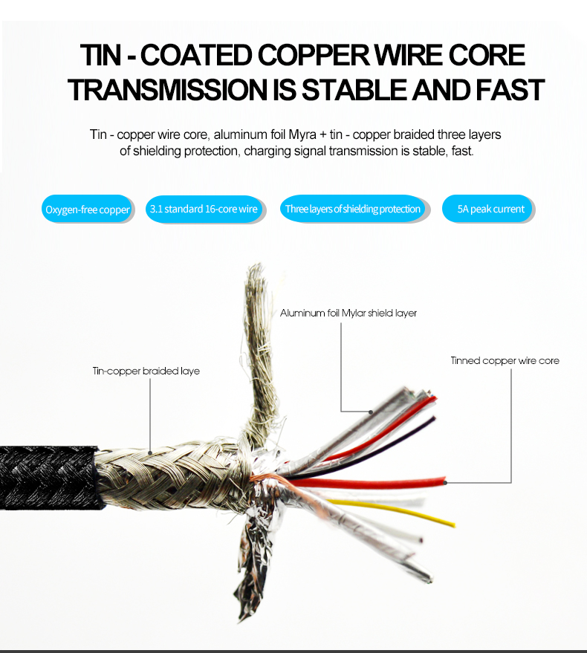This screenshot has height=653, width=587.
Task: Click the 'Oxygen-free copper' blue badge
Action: (87, 209)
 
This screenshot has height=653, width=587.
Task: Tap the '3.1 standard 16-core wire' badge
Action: (204, 209)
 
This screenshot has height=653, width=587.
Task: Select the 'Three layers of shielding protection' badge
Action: (353, 209)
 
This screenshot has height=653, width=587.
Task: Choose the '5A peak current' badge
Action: (487, 209)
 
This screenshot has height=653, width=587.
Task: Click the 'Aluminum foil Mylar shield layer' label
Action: (348, 313)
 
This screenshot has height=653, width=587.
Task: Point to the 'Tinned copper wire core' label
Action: (505, 360)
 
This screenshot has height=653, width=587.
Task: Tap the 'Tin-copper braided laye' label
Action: (146, 371)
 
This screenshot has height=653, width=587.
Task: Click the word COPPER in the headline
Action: (314, 55)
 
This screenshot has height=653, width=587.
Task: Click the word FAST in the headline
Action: (510, 90)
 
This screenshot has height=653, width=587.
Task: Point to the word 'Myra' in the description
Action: (302, 134)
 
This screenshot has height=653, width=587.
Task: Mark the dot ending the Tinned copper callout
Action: (445, 483)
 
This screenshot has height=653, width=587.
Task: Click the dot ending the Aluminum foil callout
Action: (371, 412)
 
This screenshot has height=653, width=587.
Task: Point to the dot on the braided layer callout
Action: (150, 452)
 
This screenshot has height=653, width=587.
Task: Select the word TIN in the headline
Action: (100, 55)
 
